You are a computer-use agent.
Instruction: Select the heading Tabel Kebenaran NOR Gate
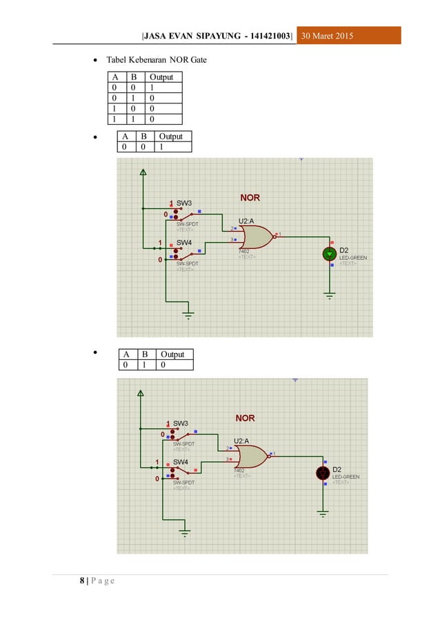pos(156,61)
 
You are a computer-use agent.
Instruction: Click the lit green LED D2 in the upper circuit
pos(330,254)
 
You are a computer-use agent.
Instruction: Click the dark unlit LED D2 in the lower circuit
pos(323,473)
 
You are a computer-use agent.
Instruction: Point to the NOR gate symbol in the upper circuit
pos(256,238)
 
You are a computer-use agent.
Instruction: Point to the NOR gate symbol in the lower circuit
pos(251,456)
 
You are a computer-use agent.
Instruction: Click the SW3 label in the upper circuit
pos(184,203)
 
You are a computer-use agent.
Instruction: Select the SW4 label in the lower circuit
pos(180,462)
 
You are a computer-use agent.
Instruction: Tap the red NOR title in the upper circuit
pos(250,197)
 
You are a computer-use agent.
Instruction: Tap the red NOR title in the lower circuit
pos(246,418)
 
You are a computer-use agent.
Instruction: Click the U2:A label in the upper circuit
pos(248,221)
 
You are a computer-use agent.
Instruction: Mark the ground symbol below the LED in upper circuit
pos(330,295)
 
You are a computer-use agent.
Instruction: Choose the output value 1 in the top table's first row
pos(152,88)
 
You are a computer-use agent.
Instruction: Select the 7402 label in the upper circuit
pos(243,251)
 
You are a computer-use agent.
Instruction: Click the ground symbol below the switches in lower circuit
pos(184,531)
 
